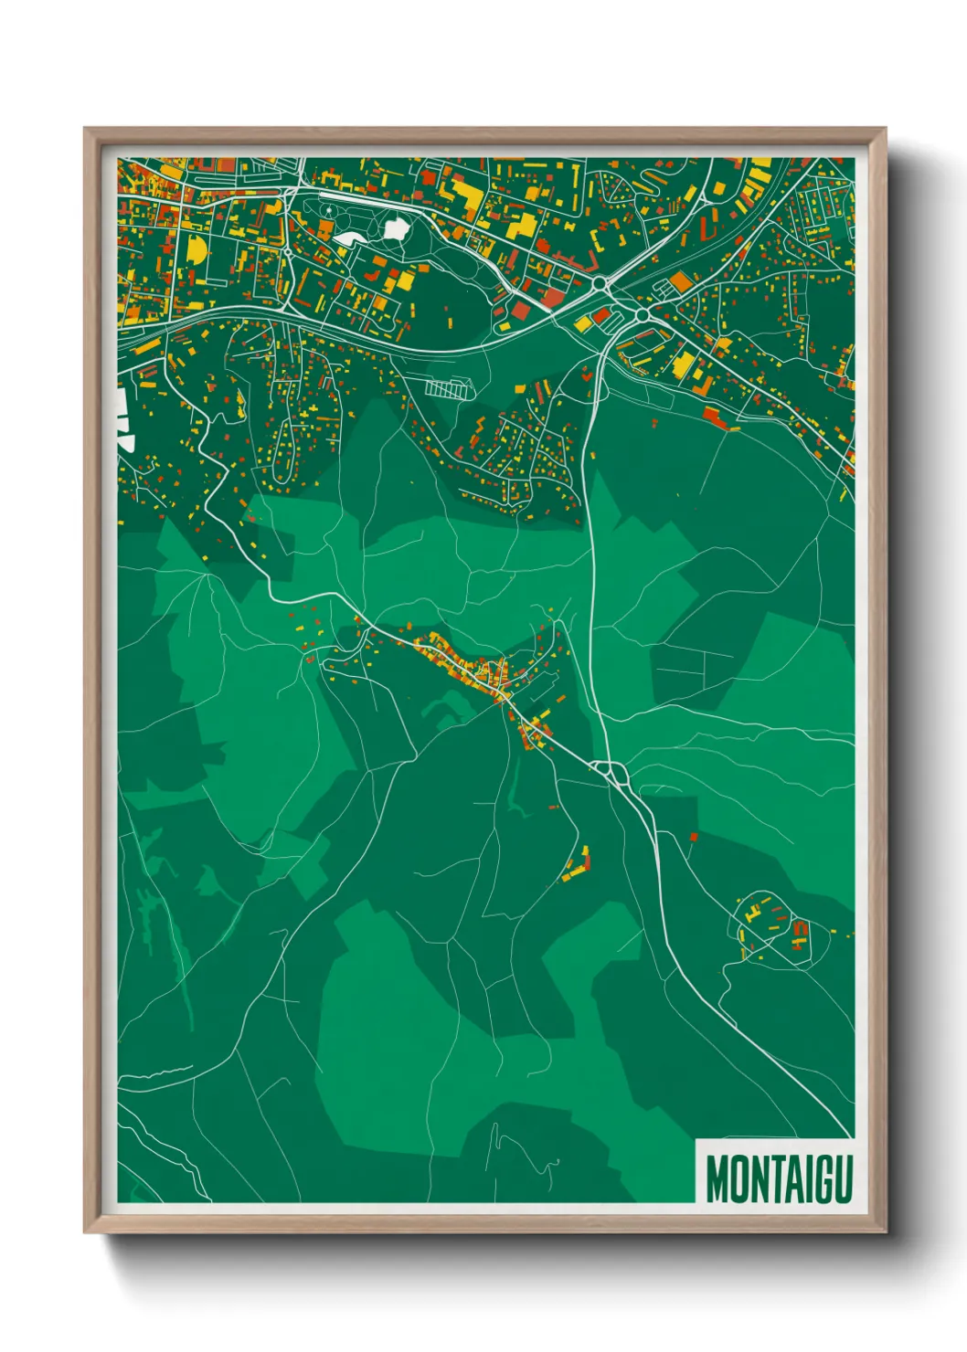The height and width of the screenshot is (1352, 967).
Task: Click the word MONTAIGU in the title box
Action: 779,1179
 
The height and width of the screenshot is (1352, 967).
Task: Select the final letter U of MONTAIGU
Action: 843,1179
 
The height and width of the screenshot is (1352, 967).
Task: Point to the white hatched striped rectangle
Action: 447,388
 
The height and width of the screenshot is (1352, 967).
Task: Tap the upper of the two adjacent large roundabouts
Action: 600,285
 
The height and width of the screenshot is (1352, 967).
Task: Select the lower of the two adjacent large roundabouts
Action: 642,314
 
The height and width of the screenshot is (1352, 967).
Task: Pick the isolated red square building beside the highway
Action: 694,836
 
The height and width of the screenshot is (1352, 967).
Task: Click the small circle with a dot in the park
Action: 328,211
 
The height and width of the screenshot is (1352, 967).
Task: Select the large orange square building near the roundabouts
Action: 681,281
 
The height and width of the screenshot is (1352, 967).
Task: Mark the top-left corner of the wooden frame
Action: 86,130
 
